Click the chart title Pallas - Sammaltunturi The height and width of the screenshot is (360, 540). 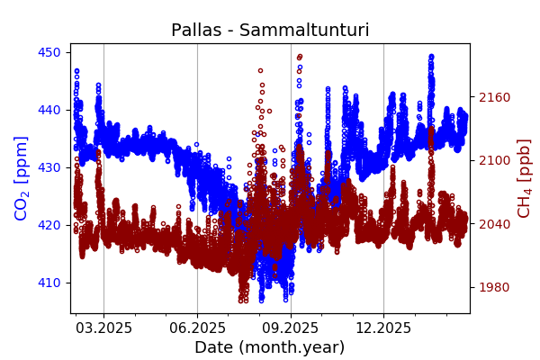click(x=270, y=31)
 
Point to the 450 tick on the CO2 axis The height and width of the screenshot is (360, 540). click(x=49, y=52)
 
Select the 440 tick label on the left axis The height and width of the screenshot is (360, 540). click(x=49, y=110)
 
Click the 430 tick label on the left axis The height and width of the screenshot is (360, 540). click(x=49, y=167)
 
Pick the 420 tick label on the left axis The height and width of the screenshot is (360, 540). click(x=49, y=225)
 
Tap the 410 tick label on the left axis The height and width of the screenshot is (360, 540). click(x=49, y=283)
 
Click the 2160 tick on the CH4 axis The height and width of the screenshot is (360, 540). click(x=493, y=97)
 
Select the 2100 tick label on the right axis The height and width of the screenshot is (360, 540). click(x=493, y=160)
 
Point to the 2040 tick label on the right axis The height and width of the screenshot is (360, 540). click(x=493, y=224)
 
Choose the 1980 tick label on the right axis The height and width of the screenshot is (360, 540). click(x=493, y=287)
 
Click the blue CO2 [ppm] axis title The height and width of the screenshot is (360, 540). click(x=22, y=177)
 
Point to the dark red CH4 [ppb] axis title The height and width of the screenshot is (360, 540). click(x=524, y=177)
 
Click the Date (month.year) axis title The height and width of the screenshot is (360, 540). click(x=270, y=347)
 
